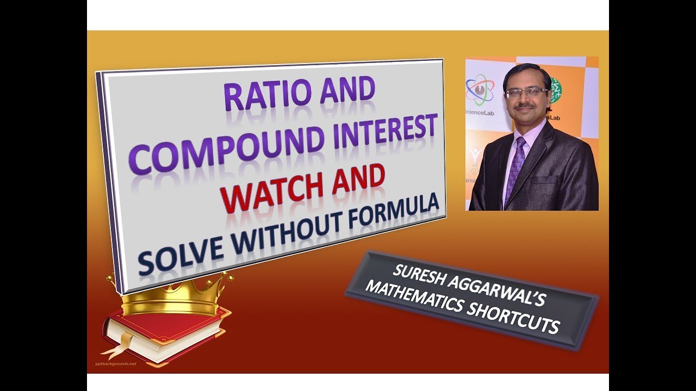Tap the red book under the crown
coord(166,337)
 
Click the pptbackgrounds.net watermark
coord(116,364)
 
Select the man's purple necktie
coord(515,169)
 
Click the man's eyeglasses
coord(526,92)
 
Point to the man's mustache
coord(525,106)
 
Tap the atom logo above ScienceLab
coord(480,90)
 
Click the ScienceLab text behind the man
coord(480,113)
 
